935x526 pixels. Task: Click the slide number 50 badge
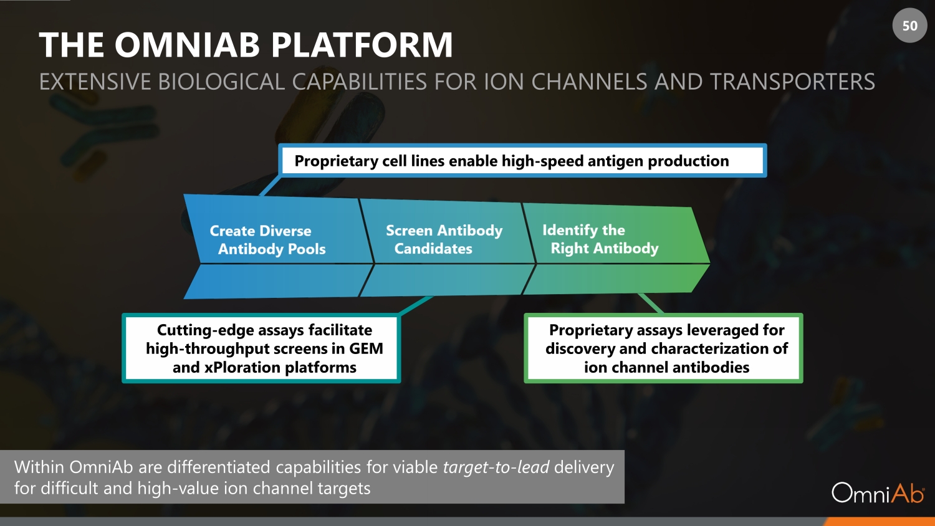[909, 26]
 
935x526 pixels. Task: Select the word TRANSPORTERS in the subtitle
[792, 82]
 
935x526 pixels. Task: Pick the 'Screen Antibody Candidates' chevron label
[443, 239]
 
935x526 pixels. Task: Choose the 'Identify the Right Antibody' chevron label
[600, 239]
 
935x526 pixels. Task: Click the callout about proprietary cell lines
[522, 161]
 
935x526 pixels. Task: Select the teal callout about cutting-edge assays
[261, 348]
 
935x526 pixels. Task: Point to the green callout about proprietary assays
[663, 348]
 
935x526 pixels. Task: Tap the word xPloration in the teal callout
[242, 368]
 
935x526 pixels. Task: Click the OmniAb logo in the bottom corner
[878, 493]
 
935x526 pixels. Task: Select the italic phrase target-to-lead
[496, 467]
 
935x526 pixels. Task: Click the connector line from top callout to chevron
[270, 186]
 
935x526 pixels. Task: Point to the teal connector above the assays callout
[415, 305]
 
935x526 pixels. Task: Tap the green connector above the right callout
[651, 304]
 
